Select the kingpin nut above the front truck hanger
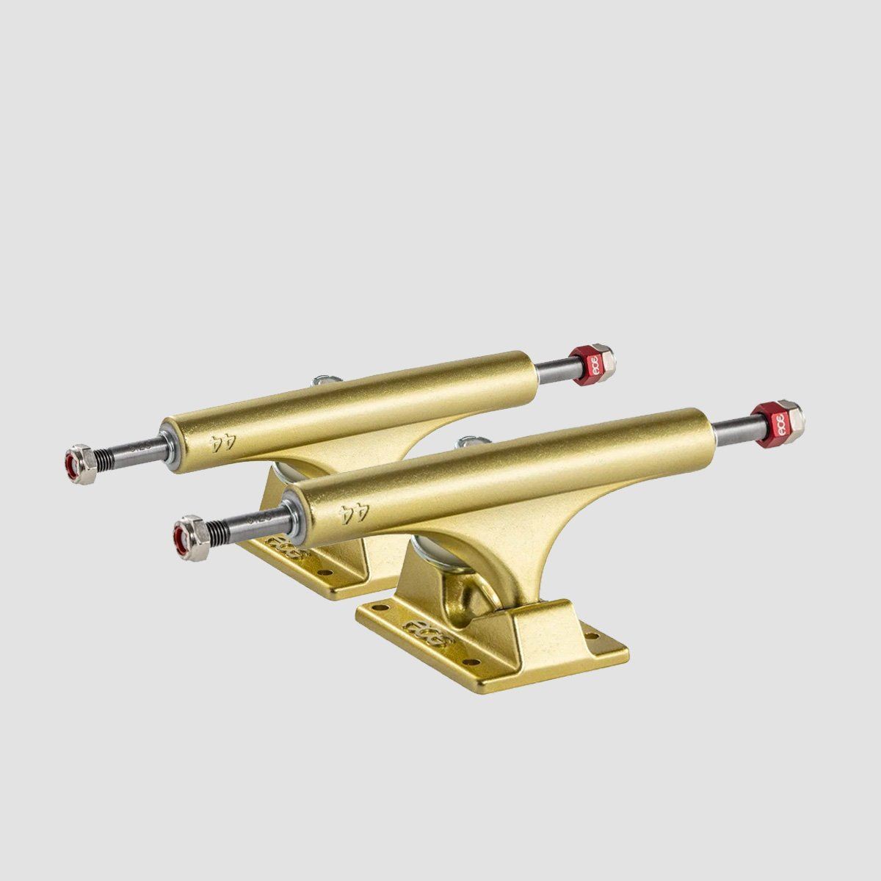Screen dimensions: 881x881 (x=465, y=444)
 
